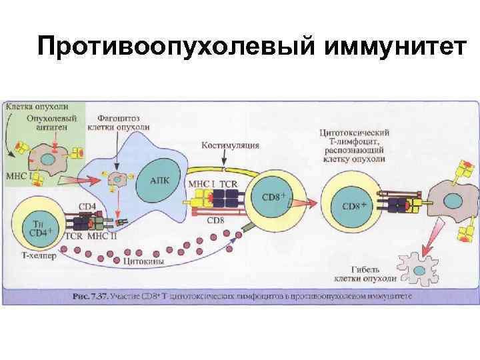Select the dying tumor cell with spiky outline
pyautogui.click(x=419, y=267)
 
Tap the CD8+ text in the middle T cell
pyautogui.click(x=273, y=197)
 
